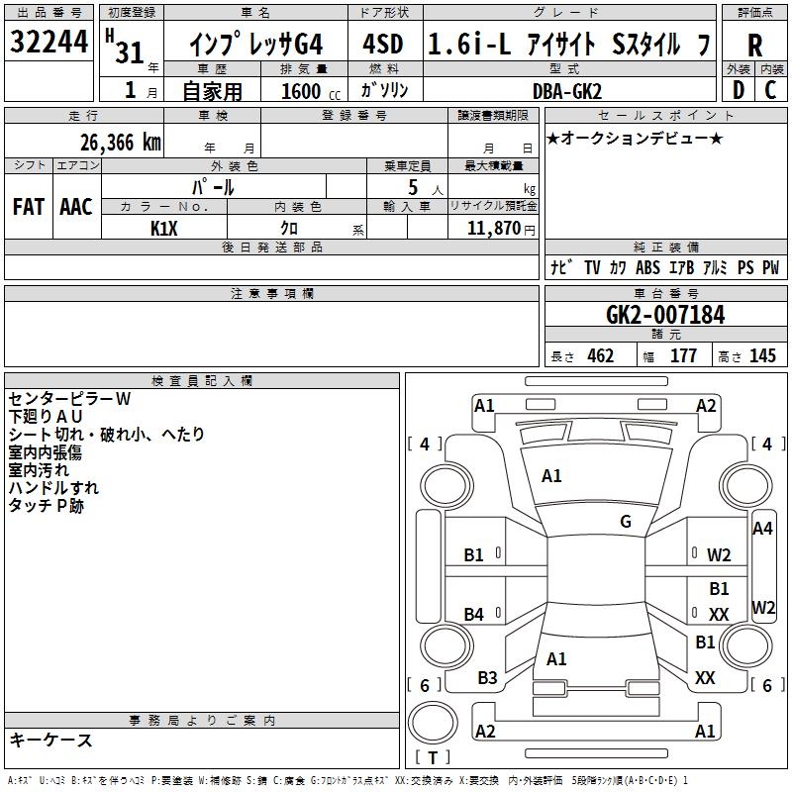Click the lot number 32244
pos(48,44)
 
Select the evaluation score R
pos(754,45)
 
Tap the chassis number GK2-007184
pos(665,316)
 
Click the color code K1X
pos(163,228)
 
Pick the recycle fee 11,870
pos(492,228)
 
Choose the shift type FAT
pos(28,207)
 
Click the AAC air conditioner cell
pos(75,207)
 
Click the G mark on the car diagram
pos(626,522)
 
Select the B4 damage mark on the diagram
pos(474,615)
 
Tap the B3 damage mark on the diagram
pos(487,678)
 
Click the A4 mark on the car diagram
pos(762,529)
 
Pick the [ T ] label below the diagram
pos(433,758)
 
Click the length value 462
pos(600,356)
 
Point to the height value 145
pos(762,356)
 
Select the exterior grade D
pos(738,90)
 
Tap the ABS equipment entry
pos(647,268)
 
